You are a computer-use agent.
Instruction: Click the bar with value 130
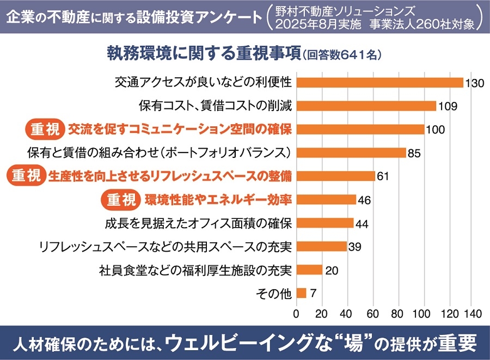[x=379, y=83]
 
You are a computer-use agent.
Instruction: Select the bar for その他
[x=302, y=293]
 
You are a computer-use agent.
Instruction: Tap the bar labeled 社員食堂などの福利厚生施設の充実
[x=309, y=270]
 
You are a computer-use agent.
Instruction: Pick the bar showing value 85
[x=351, y=152]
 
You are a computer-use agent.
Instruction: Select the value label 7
[x=313, y=293]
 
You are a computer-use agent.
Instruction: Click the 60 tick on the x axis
[x=373, y=314]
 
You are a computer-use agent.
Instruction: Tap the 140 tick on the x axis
[x=472, y=314]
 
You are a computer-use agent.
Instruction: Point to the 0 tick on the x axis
[x=296, y=314]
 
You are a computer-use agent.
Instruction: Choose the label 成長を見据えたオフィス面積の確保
[x=199, y=223]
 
